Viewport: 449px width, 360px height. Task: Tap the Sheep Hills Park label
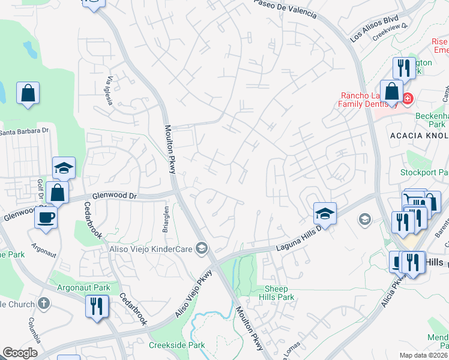[280, 293]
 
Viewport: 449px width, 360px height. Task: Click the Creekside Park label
[176, 345]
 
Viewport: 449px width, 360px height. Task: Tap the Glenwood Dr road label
[115, 196]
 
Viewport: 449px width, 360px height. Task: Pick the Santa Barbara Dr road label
[23, 132]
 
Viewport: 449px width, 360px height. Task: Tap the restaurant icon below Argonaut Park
[96, 305]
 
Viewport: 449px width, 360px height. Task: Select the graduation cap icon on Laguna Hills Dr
[324, 212]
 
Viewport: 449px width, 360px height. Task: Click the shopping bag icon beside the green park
[28, 93]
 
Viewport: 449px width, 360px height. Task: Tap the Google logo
[20, 353]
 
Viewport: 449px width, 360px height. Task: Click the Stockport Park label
[424, 173]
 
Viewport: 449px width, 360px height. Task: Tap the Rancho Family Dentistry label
[367, 100]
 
